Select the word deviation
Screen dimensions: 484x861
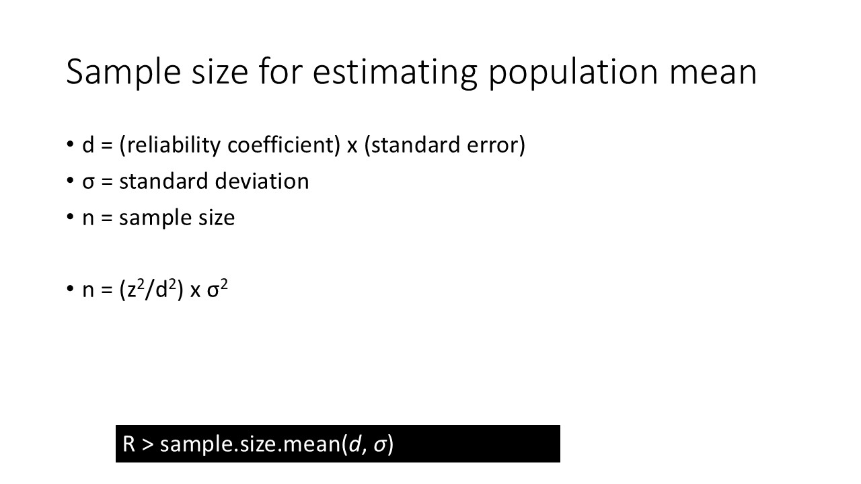point(273,182)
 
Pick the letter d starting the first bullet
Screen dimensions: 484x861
point(88,145)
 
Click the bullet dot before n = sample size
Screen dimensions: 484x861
point(70,217)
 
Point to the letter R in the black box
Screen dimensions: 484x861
point(129,444)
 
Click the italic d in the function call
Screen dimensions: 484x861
point(354,444)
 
